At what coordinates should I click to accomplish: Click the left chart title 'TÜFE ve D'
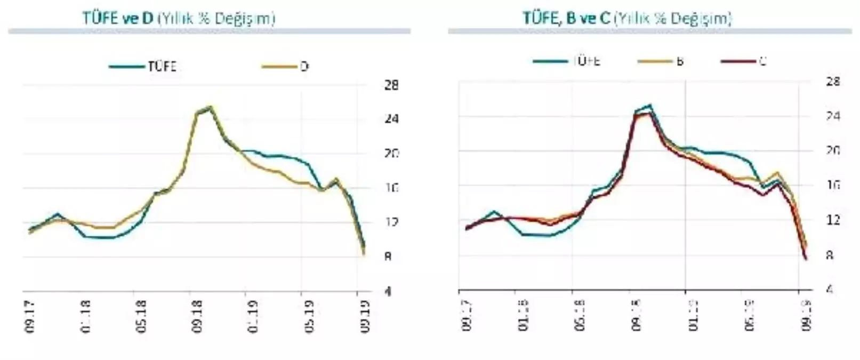click(118, 18)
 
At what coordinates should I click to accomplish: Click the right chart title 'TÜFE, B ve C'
click(566, 18)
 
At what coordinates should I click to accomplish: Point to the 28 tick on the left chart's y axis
click(391, 85)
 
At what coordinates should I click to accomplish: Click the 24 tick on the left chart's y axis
click(391, 119)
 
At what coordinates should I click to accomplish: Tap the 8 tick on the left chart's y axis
click(388, 257)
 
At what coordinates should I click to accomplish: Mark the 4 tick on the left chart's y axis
click(388, 291)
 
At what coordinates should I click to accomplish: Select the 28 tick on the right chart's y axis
click(832, 82)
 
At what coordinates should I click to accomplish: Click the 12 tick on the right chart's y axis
click(832, 220)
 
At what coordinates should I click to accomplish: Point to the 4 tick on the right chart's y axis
click(829, 289)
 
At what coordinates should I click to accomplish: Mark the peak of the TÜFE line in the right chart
click(649, 105)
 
